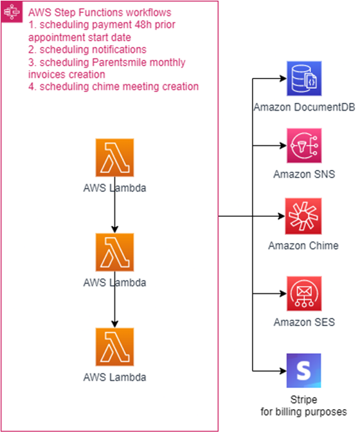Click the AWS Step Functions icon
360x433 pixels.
pyautogui.click(x=12, y=12)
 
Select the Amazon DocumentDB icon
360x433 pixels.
pyautogui.click(x=304, y=78)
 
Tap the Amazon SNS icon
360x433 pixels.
pyautogui.click(x=304, y=145)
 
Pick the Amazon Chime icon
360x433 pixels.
pyautogui.click(x=303, y=216)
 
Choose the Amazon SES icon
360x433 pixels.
pyautogui.click(x=304, y=293)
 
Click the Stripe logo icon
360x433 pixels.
pyautogui.click(x=303, y=371)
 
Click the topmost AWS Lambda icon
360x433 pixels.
pyautogui.click(x=115, y=158)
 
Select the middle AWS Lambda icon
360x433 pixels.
pyautogui.click(x=115, y=252)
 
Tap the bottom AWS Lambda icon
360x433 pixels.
pyautogui.click(x=115, y=347)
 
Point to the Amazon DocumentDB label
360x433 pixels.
pyautogui.click(x=304, y=107)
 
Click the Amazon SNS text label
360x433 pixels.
pyautogui.click(x=304, y=174)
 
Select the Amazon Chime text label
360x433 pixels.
pyautogui.click(x=303, y=246)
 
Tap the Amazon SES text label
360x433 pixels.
pyautogui.click(x=304, y=322)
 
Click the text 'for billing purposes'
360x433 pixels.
pyautogui.click(x=303, y=412)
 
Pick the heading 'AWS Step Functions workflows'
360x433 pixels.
pyautogui.click(x=100, y=12)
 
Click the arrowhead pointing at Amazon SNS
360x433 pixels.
pyautogui.click(x=283, y=145)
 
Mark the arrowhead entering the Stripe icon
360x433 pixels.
pyautogui.click(x=283, y=371)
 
